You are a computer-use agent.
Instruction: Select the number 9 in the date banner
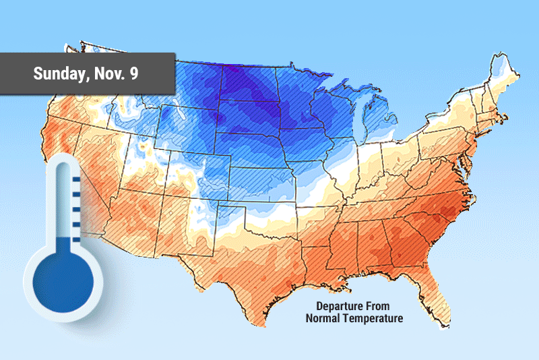click(x=135, y=73)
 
